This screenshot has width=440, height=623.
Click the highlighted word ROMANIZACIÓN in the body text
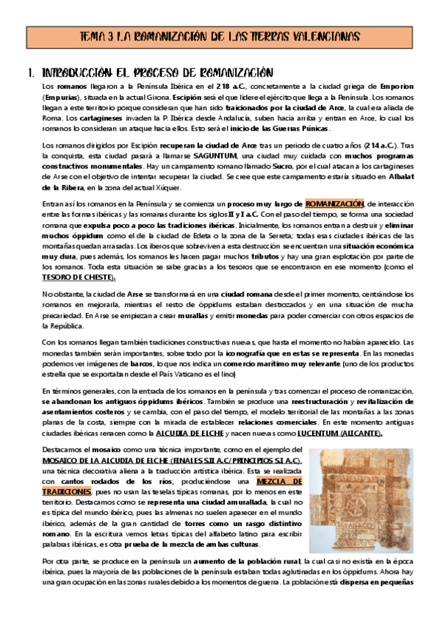click(x=334, y=203)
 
